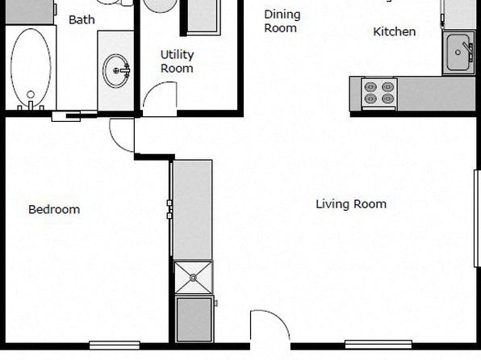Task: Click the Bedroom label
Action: coord(54,210)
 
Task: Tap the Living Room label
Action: coord(351,204)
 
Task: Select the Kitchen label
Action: coord(395,31)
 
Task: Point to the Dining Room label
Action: coord(282,21)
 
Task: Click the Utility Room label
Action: coord(178,61)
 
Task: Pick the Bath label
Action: coord(82,20)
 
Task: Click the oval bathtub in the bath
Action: coord(31,68)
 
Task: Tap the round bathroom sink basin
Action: coord(116,70)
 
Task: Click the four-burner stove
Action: coord(379,94)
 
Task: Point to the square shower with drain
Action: coord(193,278)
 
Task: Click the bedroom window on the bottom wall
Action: coord(115,345)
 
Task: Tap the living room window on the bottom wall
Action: coord(379,345)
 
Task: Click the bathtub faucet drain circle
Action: coord(31,94)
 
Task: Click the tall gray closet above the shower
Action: coord(193,210)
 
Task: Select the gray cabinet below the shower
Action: coord(194,319)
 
